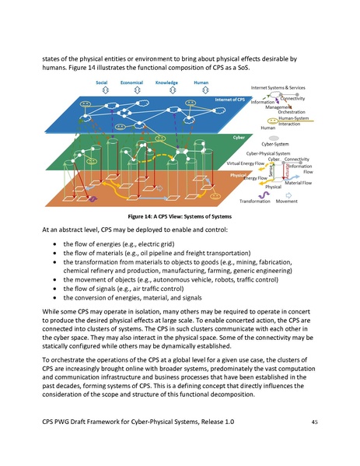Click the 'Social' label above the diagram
(x=101, y=82)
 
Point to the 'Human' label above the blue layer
(x=201, y=82)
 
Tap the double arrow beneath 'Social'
(x=101, y=90)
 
